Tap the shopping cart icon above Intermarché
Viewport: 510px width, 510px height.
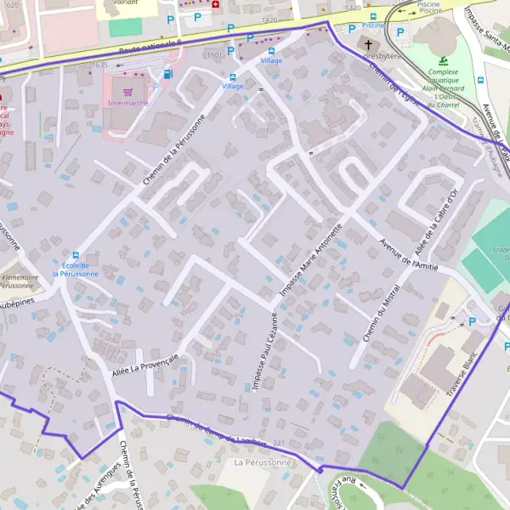pyautogui.click(x=127, y=90)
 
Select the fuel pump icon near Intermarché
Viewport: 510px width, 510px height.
pyautogui.click(x=167, y=74)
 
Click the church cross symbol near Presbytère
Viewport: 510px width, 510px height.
pyautogui.click(x=368, y=44)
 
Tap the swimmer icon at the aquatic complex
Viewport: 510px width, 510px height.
pyautogui.click(x=443, y=60)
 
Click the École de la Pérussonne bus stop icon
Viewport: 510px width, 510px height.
pyautogui.click(x=76, y=255)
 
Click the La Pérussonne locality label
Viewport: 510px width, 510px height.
pyautogui.click(x=263, y=462)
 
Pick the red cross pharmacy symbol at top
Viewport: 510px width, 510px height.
pyautogui.click(x=215, y=4)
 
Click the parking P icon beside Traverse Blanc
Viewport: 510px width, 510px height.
pyautogui.click(x=473, y=321)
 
